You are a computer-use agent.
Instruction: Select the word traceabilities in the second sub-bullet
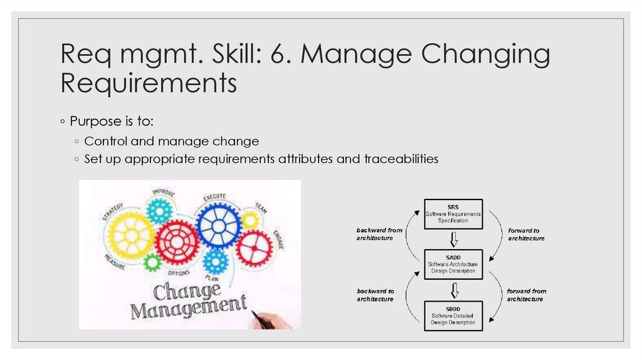pyautogui.click(x=401, y=159)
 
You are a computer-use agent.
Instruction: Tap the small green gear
pyautogui.click(x=152, y=262)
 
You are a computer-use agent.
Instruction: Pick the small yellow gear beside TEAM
pyautogui.click(x=250, y=220)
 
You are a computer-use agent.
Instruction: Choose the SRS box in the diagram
pyautogui.click(x=453, y=214)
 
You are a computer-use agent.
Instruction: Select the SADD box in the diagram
pyautogui.click(x=453, y=264)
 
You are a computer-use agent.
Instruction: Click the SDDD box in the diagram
pyautogui.click(x=453, y=314)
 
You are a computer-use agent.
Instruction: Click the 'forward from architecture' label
pyautogui.click(x=526, y=295)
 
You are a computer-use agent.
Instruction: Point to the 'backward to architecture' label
pyautogui.click(x=376, y=295)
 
